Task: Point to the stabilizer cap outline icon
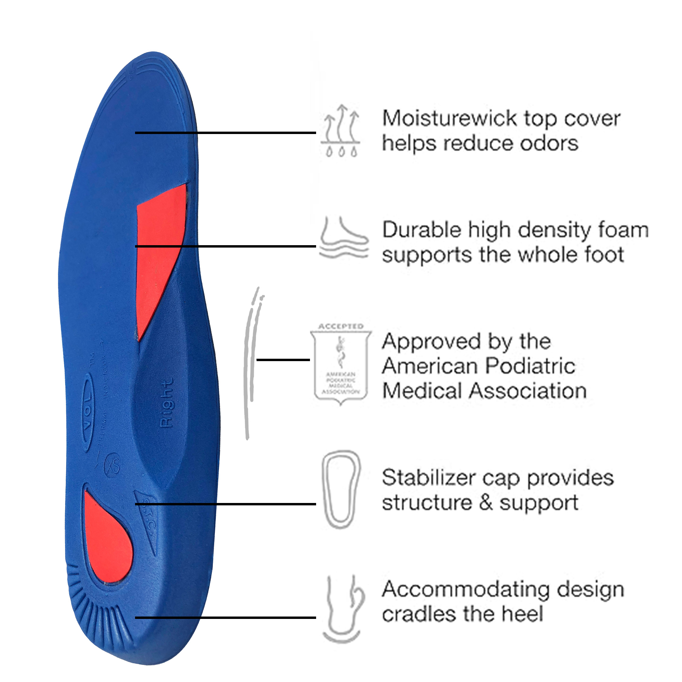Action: click(x=340, y=489)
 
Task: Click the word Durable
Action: click(x=421, y=230)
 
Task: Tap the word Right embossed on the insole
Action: click(x=166, y=403)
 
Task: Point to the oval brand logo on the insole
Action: click(x=87, y=411)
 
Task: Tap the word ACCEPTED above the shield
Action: click(x=341, y=327)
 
